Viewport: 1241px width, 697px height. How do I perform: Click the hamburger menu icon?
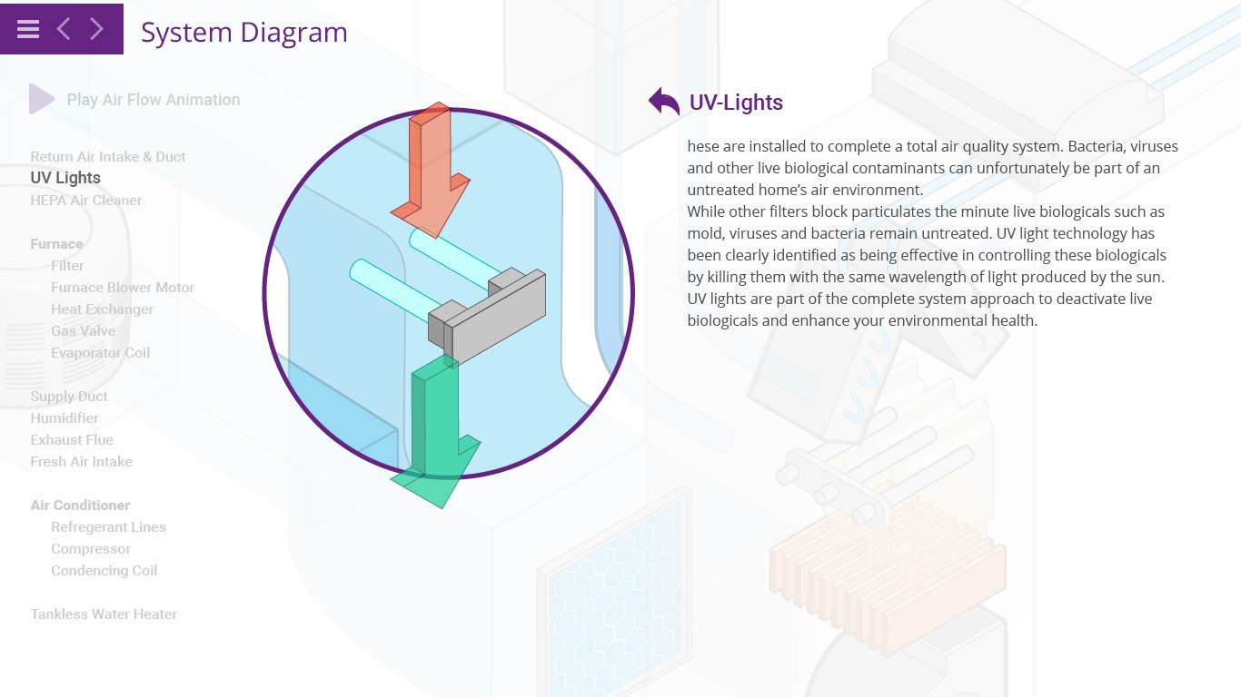[x=28, y=29]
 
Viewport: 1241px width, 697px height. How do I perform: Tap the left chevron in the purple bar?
[x=63, y=29]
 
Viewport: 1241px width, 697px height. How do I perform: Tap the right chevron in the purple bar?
[x=96, y=29]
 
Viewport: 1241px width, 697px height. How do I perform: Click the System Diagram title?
[x=243, y=33]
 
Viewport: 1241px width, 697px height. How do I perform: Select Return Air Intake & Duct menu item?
[x=107, y=157]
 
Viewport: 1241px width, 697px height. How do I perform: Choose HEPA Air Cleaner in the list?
[x=86, y=201]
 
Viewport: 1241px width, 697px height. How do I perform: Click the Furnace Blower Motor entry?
[x=123, y=288]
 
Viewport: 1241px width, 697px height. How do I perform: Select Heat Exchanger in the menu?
[x=102, y=309]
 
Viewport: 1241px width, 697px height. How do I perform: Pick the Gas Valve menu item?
[x=83, y=331]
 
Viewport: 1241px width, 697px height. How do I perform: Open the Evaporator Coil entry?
[x=100, y=353]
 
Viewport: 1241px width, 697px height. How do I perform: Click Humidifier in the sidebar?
[x=65, y=418]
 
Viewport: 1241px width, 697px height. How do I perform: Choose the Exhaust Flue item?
[x=72, y=440]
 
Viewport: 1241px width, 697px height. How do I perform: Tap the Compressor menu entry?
[x=91, y=549]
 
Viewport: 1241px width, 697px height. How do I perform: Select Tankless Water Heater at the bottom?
[x=104, y=614]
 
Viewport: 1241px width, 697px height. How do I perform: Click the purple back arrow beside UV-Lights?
[x=664, y=102]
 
